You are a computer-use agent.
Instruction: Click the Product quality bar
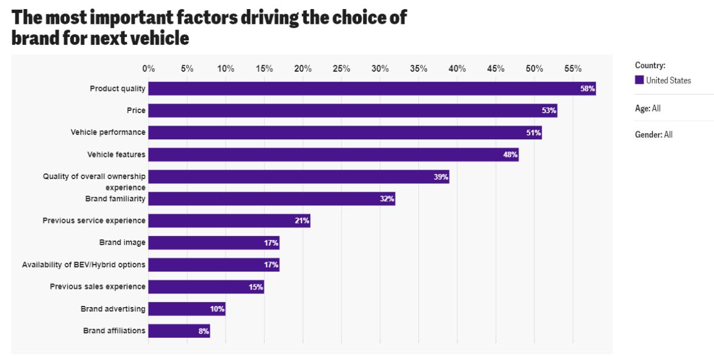point(372,89)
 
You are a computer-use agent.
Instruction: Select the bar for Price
point(352,110)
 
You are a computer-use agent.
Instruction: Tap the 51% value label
point(533,133)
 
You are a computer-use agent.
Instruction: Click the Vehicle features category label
point(116,154)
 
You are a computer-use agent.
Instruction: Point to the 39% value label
point(441,177)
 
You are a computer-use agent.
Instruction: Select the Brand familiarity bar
point(272,198)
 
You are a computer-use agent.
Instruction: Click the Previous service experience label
point(94,220)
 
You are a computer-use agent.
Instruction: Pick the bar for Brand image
point(214,243)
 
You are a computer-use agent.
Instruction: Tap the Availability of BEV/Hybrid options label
point(84,264)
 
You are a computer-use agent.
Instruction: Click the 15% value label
point(255,287)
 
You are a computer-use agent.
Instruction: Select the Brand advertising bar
point(187,309)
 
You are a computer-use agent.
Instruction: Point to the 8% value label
point(204,331)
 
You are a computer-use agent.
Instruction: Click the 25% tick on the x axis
point(341,69)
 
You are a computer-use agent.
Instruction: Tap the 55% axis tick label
point(572,69)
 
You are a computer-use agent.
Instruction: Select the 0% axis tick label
point(148,69)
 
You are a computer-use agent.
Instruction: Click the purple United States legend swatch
point(640,80)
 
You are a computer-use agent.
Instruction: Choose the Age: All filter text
point(647,108)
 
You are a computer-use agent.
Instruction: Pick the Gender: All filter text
point(653,135)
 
